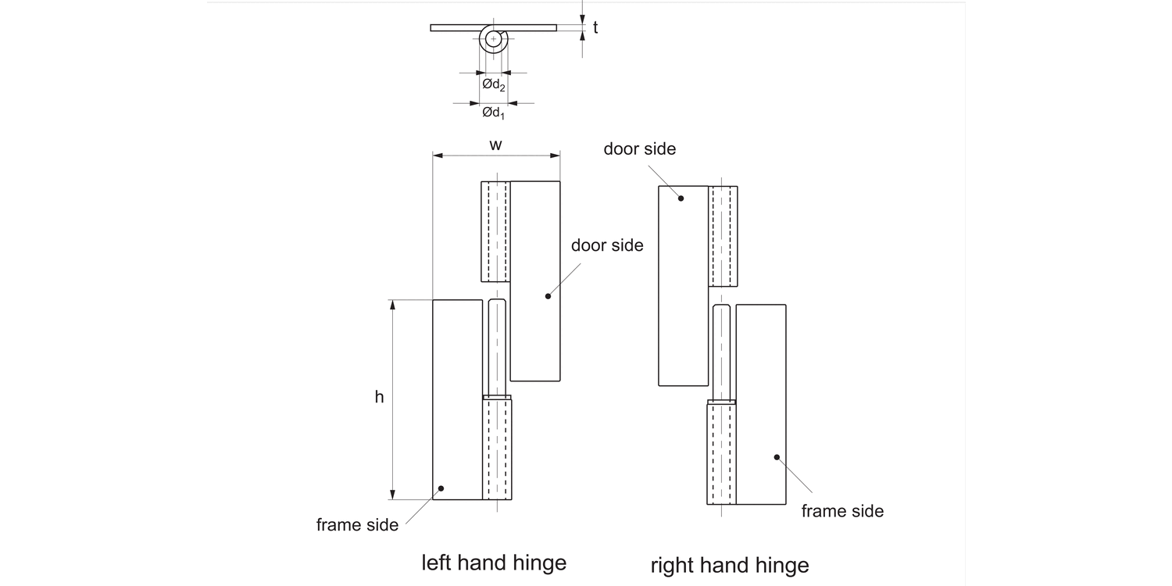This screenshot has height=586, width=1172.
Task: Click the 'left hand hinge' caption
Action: (x=494, y=563)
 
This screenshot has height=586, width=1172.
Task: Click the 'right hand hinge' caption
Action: (x=730, y=565)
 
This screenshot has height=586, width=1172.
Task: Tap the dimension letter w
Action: (x=495, y=145)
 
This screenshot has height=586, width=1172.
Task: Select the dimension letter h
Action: (x=379, y=397)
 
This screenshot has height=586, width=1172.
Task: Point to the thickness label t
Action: (x=595, y=28)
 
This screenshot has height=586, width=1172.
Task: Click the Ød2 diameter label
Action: (x=494, y=84)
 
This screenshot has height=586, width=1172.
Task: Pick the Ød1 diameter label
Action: (x=493, y=113)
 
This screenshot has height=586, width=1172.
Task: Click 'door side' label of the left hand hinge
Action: (x=607, y=245)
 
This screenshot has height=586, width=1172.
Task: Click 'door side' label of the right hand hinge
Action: (x=639, y=149)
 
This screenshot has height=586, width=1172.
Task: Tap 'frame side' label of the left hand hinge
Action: (x=357, y=525)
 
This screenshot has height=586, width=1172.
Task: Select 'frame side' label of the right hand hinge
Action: (x=842, y=511)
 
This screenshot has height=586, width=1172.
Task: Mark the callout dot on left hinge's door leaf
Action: (x=548, y=296)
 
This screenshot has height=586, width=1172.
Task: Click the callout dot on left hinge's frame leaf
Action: (x=441, y=488)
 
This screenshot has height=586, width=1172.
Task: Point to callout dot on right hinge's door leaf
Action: (x=681, y=198)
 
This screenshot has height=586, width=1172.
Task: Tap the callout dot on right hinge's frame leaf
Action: (x=776, y=457)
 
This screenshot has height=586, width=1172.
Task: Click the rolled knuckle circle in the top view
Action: (x=494, y=38)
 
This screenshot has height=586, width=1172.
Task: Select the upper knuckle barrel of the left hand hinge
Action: (x=495, y=231)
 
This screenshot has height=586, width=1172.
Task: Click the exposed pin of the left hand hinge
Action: (x=497, y=348)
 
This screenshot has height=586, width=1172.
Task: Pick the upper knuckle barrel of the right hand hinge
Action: (x=723, y=236)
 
